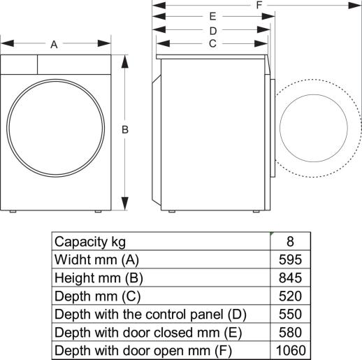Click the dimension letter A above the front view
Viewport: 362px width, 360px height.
click(x=54, y=45)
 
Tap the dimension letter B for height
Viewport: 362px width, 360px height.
click(x=125, y=130)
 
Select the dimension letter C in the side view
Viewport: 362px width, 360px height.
click(x=212, y=44)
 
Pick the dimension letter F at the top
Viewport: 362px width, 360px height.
click(x=259, y=5)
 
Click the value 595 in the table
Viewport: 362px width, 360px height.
click(x=290, y=259)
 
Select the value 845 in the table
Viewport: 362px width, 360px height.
click(x=290, y=278)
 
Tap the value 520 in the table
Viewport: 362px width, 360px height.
click(x=290, y=296)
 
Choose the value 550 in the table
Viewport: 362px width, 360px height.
click(x=290, y=314)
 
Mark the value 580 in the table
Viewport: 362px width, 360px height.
click(x=290, y=331)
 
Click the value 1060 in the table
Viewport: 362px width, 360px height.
click(x=290, y=350)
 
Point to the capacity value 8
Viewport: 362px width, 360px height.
click(x=290, y=242)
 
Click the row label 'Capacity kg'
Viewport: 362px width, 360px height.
click(x=90, y=242)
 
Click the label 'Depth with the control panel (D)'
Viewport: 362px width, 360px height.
click(x=150, y=314)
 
